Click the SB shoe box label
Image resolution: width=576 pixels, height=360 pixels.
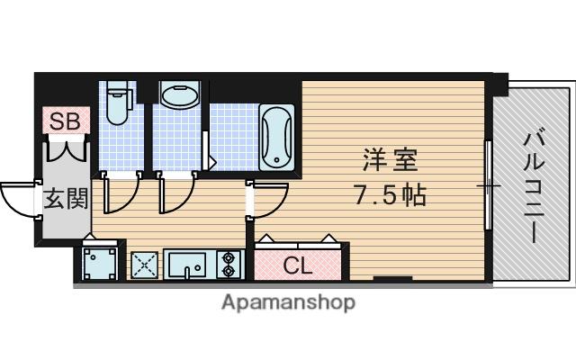[x=65, y=121]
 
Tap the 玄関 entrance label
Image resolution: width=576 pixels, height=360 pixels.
[x=66, y=198]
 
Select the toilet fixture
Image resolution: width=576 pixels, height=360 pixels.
[x=119, y=103]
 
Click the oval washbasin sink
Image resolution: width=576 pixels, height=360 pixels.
[x=180, y=95]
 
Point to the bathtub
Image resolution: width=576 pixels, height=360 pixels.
[x=276, y=138]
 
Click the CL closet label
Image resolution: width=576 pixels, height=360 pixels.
[x=298, y=265]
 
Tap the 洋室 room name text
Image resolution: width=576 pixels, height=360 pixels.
[x=390, y=160]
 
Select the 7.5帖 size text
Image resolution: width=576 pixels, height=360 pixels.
[x=390, y=194]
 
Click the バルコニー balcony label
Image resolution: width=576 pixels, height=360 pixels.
[x=533, y=185]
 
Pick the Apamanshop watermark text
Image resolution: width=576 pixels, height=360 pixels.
[x=288, y=302]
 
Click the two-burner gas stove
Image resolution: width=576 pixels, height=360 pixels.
[x=229, y=264]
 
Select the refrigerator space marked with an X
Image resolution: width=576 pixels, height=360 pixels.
[x=144, y=265]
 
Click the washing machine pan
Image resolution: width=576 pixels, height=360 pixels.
[x=100, y=264]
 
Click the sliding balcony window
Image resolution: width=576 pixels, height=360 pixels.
[x=488, y=185]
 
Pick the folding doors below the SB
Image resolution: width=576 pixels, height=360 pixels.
[x=67, y=148]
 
